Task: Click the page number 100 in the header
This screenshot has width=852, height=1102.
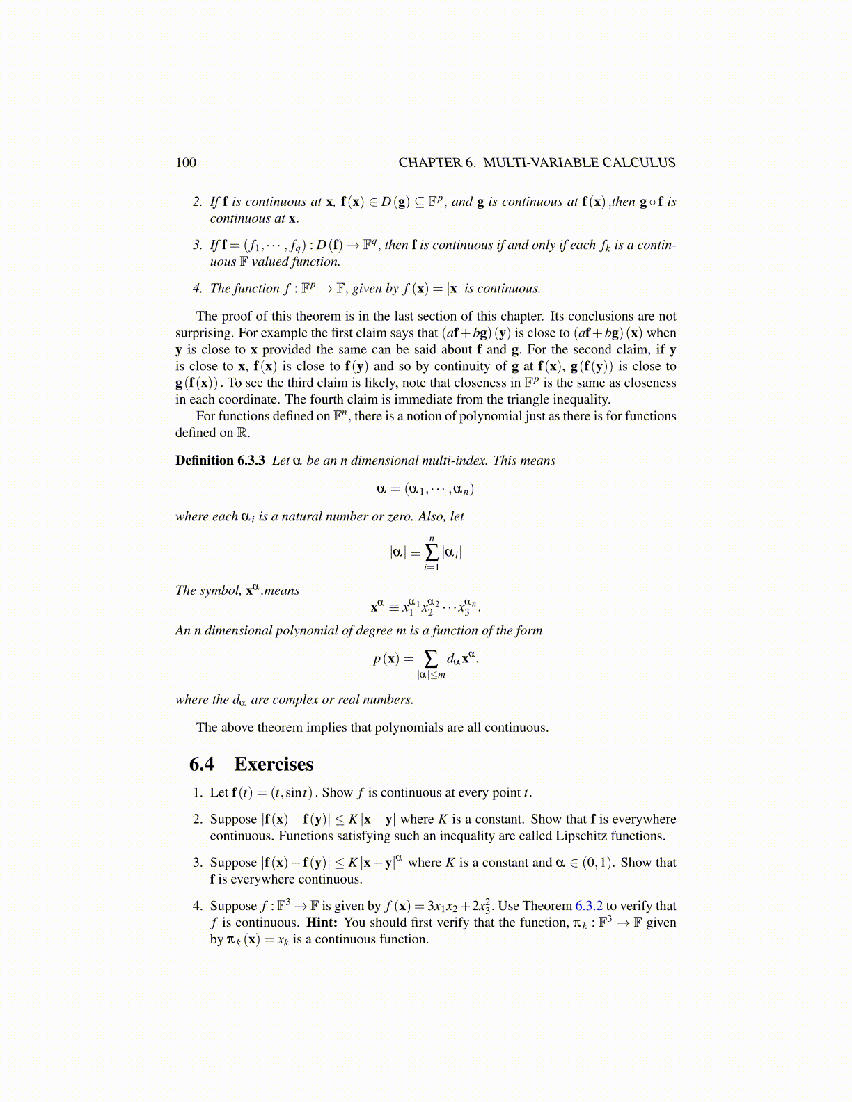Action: (186, 163)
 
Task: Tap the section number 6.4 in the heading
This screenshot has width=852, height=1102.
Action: (201, 765)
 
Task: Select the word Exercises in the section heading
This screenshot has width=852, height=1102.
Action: (274, 765)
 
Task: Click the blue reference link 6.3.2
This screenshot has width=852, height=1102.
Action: (589, 906)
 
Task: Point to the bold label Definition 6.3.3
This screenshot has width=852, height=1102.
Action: (220, 461)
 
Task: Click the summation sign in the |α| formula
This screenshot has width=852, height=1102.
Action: (432, 552)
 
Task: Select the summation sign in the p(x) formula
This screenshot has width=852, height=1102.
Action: (432, 658)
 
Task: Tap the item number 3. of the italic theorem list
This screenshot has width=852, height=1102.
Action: (198, 245)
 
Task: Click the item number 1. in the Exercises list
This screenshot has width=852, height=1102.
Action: (198, 793)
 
